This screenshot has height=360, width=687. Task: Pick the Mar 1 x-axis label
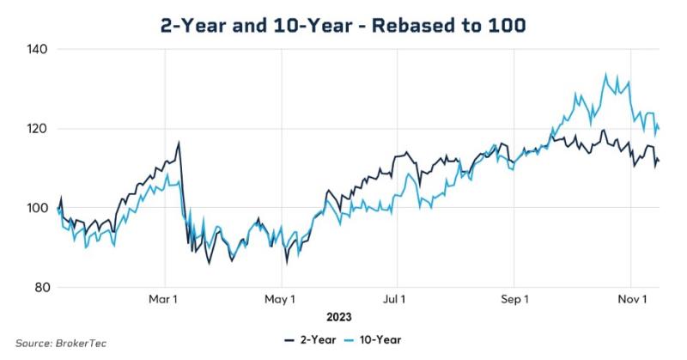click(x=163, y=300)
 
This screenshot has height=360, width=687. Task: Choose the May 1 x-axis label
click(x=280, y=300)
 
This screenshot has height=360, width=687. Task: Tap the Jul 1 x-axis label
click(x=397, y=300)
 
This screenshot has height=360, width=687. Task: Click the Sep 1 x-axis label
click(x=514, y=300)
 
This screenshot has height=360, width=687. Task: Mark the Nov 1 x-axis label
click(x=631, y=300)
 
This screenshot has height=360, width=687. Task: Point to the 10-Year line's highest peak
click(x=606, y=75)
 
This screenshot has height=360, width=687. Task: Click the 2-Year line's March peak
click(x=179, y=143)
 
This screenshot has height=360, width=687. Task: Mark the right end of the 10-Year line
click(x=659, y=130)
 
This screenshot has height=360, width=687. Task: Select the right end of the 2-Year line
click(x=659, y=161)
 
